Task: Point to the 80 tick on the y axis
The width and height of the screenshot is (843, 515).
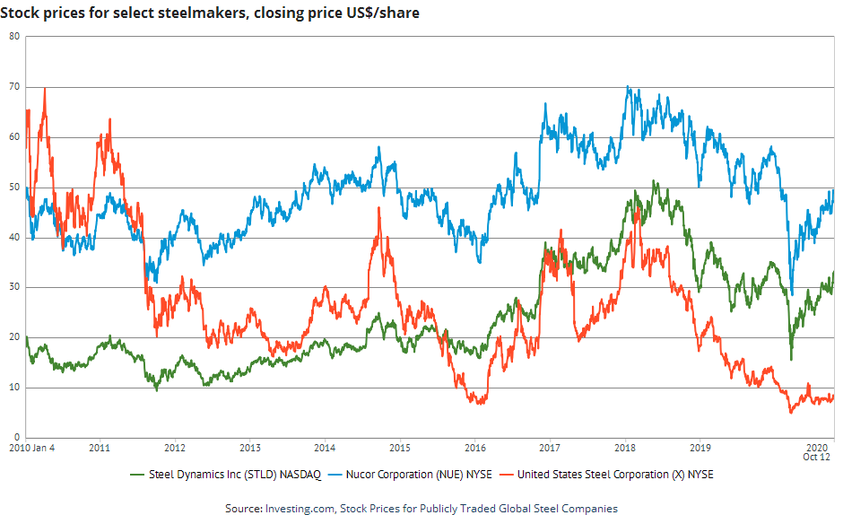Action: click(x=14, y=36)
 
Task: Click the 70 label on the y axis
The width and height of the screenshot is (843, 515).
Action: click(x=14, y=87)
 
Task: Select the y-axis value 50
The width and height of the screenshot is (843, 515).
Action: click(x=14, y=188)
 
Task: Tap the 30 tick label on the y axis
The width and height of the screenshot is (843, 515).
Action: click(x=14, y=288)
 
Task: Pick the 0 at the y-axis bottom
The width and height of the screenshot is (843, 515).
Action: click(x=17, y=438)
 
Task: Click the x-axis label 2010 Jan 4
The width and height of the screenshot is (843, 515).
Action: click(x=32, y=447)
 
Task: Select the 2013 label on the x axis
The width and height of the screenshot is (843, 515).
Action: click(x=250, y=447)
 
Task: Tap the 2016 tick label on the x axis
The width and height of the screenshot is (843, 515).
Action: click(x=475, y=447)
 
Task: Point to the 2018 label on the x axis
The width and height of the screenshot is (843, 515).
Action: click(x=626, y=447)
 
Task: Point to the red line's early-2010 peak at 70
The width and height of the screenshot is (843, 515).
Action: click(x=44, y=88)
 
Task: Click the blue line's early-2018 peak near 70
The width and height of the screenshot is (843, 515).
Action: click(x=628, y=87)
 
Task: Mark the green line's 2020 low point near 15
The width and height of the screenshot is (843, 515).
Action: click(x=791, y=360)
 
